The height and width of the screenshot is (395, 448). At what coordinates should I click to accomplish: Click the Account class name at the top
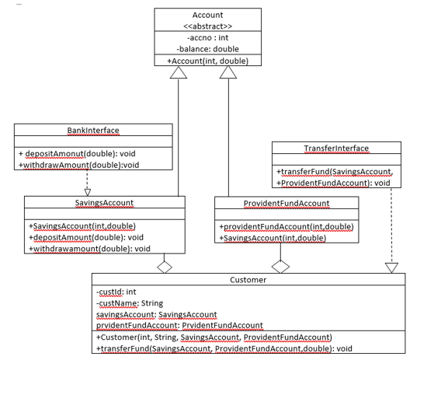[x=207, y=15]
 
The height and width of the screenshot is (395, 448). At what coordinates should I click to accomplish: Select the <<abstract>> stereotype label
[x=207, y=26]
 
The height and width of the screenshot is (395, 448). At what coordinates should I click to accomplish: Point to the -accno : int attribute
[x=207, y=37]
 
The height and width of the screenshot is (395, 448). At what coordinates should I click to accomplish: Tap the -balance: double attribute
[x=207, y=49]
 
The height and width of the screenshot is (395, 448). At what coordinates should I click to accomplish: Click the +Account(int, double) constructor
[x=207, y=61]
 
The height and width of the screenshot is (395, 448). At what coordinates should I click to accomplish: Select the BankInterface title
[x=92, y=130]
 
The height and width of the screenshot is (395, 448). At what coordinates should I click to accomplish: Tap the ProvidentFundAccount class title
[x=287, y=202]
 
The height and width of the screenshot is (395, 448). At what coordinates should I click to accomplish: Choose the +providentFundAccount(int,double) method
[x=287, y=226]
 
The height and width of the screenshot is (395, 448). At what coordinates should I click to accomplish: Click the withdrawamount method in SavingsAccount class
[x=89, y=248]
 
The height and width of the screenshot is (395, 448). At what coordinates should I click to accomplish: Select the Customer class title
[x=248, y=279]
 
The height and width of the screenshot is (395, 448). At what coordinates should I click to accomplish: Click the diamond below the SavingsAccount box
[x=164, y=267]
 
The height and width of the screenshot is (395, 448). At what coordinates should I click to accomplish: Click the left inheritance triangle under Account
[x=179, y=72]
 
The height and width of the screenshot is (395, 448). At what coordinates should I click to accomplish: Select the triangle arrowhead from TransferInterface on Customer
[x=392, y=267]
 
